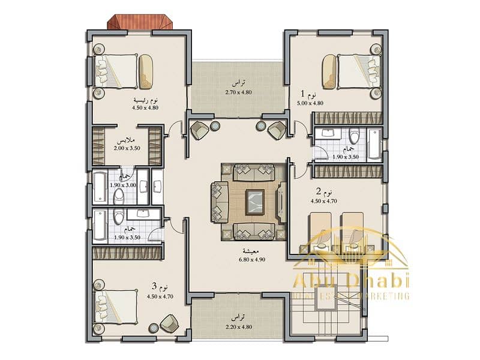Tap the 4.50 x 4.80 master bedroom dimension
click(x=145, y=108)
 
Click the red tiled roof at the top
click(x=140, y=22)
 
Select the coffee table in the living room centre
click(x=254, y=201)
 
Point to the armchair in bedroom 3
click(x=169, y=323)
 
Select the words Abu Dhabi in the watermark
click(x=351, y=281)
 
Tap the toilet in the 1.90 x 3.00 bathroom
click(x=118, y=196)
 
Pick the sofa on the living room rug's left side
click(x=220, y=201)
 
